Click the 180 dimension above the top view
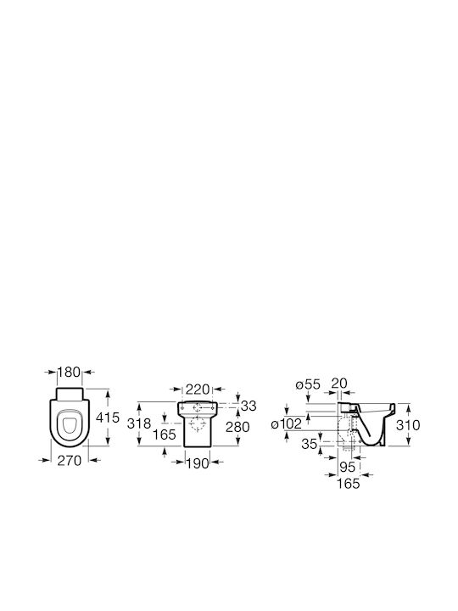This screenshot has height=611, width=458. tap(70, 373)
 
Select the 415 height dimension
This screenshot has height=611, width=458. tap(108, 418)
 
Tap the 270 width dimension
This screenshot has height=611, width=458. tap(70, 461)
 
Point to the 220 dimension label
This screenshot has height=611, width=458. tap(198, 389)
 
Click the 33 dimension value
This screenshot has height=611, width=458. tap(249, 406)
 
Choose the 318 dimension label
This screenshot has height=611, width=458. tap(139, 423)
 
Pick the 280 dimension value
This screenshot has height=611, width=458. tap(237, 427)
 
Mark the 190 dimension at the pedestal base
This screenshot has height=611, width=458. tap(198, 463)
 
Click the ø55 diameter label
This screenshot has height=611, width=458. tap(308, 384)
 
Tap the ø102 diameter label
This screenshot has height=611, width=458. tap(287, 423)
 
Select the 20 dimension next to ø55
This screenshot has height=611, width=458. tap(338, 383)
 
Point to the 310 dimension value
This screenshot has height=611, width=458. tap(408, 425)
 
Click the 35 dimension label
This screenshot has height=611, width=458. tap(310, 444)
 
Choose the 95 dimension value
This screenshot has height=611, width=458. tap(348, 467)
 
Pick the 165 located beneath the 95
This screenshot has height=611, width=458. tap(349, 484)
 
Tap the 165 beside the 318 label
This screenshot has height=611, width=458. tap(164, 434)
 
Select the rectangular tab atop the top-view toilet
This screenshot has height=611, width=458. tap(70, 394)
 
